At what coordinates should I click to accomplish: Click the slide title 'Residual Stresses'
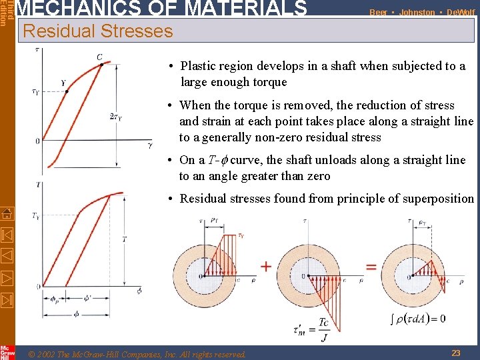[x=97, y=31]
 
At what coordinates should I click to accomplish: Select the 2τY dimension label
[x=115, y=117]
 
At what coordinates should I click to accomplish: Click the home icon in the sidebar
[x=7, y=214]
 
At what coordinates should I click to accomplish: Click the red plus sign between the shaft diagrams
[x=266, y=267]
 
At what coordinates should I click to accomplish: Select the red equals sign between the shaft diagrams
[x=371, y=267]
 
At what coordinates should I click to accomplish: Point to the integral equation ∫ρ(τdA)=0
[x=419, y=318]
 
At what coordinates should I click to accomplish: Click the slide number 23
[x=456, y=353]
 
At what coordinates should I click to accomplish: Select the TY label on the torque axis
[x=35, y=215]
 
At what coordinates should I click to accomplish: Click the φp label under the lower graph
[x=55, y=299]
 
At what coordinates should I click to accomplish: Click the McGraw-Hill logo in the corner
[x=7, y=352]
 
